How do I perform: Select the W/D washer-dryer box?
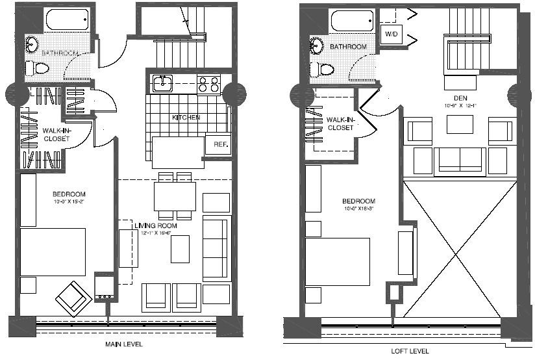391,34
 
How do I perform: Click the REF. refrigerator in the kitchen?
218,145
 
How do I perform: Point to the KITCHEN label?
186,118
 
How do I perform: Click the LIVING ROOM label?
157,225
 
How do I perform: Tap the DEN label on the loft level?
460,98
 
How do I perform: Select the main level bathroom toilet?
39,67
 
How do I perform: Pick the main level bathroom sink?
32,44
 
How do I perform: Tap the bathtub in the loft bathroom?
351,21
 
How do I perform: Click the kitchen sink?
161,83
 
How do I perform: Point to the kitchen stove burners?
208,84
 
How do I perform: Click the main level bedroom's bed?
53,251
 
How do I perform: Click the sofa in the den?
460,159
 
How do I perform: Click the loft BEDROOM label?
359,201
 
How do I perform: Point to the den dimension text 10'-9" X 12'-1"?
460,106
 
